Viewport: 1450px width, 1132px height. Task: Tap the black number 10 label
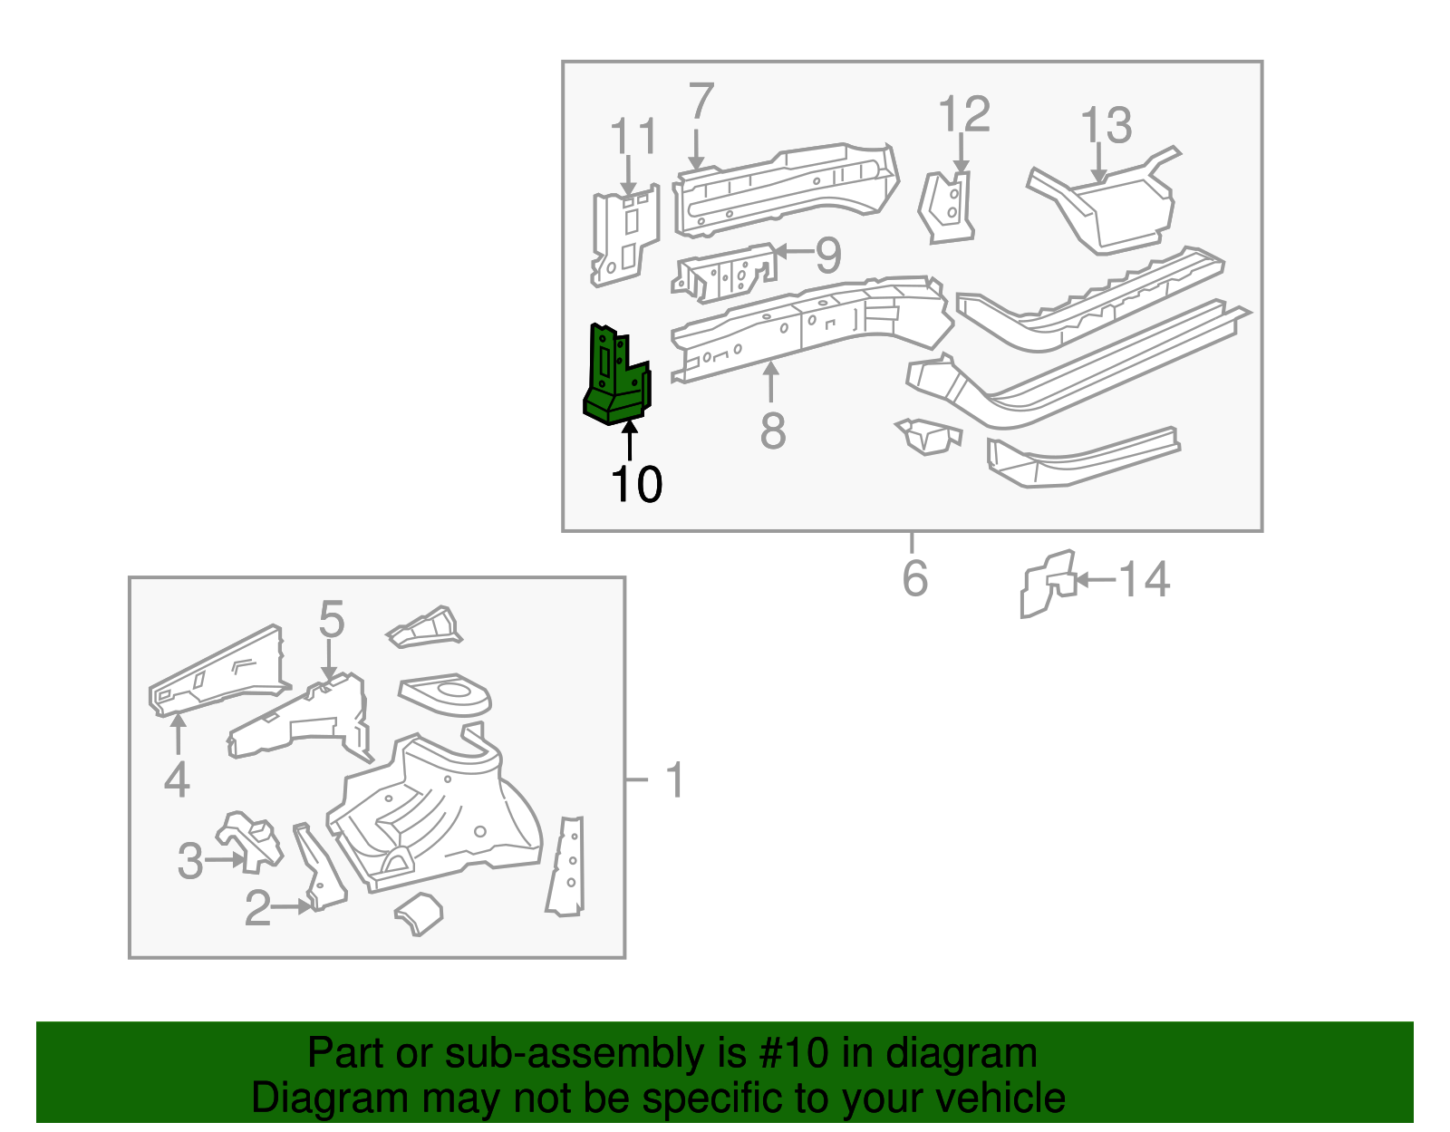coord(636,485)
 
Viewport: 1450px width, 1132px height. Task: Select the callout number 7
coord(701,102)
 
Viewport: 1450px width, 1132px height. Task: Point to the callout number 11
coord(633,138)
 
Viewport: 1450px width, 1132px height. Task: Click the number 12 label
coord(963,115)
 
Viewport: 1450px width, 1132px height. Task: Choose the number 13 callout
coord(1106,125)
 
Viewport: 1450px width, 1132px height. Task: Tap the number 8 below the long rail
coord(772,431)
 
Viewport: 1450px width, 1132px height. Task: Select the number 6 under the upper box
coord(914,578)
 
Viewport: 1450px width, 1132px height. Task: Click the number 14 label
coord(1144,579)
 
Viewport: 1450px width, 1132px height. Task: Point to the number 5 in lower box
coord(332,620)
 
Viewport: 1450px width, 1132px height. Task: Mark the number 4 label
coord(177,779)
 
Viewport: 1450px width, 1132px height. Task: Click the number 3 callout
coord(190,860)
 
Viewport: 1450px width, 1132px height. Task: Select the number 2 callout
coord(257,908)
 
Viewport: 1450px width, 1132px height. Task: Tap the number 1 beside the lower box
coord(674,779)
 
